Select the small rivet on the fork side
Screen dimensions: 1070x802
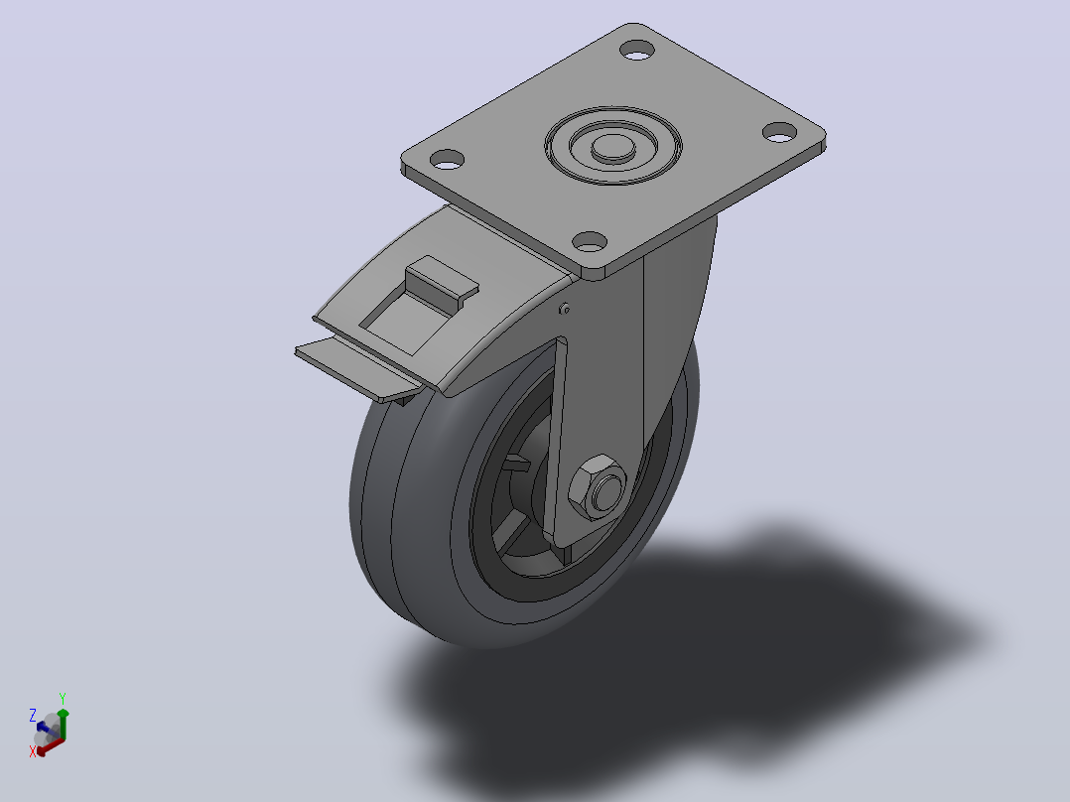pos(564,310)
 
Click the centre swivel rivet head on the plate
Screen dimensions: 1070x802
pos(612,148)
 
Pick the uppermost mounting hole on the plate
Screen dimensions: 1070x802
pos(637,50)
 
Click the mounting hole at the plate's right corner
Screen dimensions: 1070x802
pos(779,132)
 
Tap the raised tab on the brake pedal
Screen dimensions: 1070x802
pos(442,281)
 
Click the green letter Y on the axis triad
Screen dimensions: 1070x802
pos(63,698)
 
